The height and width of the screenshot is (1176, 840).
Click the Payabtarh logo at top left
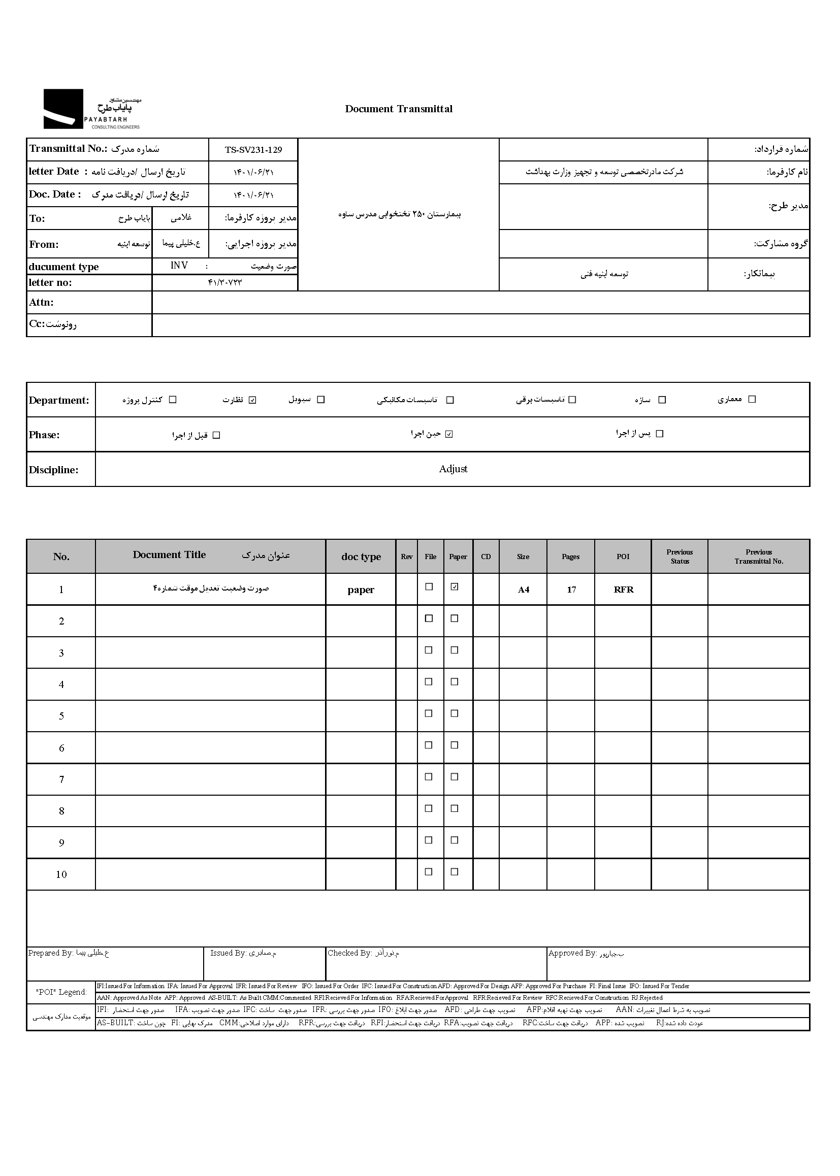coord(91,109)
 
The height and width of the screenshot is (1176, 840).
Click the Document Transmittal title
coord(398,109)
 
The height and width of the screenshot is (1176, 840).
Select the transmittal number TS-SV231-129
coord(253,150)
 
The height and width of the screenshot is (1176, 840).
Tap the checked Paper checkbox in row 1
coord(455,586)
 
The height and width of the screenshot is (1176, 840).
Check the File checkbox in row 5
coord(429,713)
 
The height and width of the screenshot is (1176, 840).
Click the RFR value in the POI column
coord(623,590)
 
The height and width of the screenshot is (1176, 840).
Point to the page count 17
coord(571,590)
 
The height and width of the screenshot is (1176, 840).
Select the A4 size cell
coord(524,590)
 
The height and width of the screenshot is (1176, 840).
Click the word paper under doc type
coord(361,590)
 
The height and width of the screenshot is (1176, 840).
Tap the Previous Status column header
coord(679,557)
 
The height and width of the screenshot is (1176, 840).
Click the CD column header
coord(486,557)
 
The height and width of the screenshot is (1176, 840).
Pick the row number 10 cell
coord(61,874)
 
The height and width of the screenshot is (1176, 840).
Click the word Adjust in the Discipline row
coord(453,469)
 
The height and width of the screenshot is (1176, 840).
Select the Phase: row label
coord(45,435)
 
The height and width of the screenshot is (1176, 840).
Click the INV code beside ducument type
coord(179,266)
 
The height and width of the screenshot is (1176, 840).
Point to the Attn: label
coord(41,303)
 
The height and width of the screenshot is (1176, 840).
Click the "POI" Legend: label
coord(61,992)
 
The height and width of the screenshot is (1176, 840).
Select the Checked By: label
coord(349,953)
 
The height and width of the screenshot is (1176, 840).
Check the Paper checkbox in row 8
coord(455,808)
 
